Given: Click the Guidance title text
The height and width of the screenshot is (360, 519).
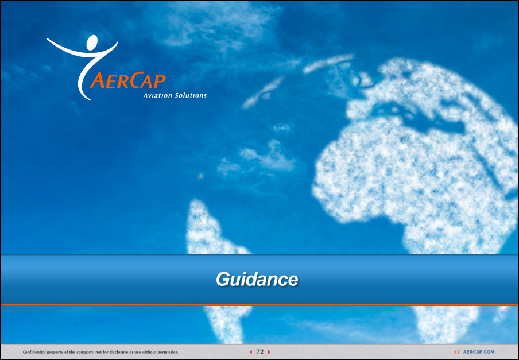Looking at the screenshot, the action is [257, 279].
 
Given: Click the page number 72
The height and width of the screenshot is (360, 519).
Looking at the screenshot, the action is [260, 352].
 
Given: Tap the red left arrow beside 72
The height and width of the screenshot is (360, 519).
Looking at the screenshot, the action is [251, 352].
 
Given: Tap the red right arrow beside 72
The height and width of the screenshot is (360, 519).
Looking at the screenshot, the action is [269, 352].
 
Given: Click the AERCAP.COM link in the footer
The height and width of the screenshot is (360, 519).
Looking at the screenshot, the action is [478, 352].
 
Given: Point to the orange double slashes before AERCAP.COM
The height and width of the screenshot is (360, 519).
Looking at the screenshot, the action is [457, 352].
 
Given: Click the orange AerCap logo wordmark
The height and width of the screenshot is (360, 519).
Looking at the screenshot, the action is [128, 80].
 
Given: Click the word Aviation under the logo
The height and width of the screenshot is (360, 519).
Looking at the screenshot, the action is [157, 96].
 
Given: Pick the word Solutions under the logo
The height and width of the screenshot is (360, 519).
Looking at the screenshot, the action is [191, 96].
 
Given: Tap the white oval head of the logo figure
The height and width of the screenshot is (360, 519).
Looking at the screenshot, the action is [92, 42].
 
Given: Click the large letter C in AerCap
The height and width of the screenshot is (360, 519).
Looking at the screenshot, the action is [135, 80].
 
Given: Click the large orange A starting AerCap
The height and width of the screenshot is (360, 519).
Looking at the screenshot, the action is [98, 80].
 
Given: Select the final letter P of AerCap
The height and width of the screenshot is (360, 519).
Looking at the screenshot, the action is [160, 81].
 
